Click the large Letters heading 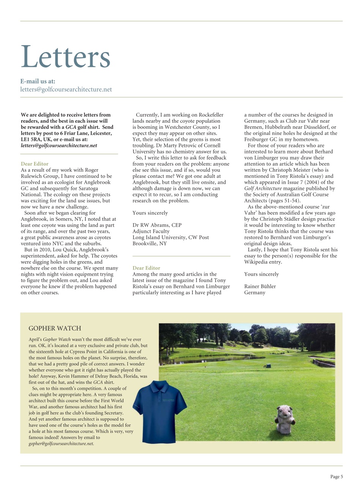click(x=65, y=57)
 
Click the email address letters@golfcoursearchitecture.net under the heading click(x=66, y=90)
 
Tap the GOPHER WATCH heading click(x=55, y=328)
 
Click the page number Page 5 click(x=336, y=477)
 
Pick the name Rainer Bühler click(x=260, y=287)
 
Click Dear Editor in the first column click(x=35, y=164)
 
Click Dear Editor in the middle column click(x=146, y=268)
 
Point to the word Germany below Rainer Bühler click(x=255, y=293)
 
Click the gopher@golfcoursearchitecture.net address click(x=61, y=443)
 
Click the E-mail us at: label click(x=38, y=81)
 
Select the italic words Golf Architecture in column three click(x=263, y=189)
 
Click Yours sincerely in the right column click(x=261, y=274)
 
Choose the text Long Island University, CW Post click(x=170, y=237)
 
